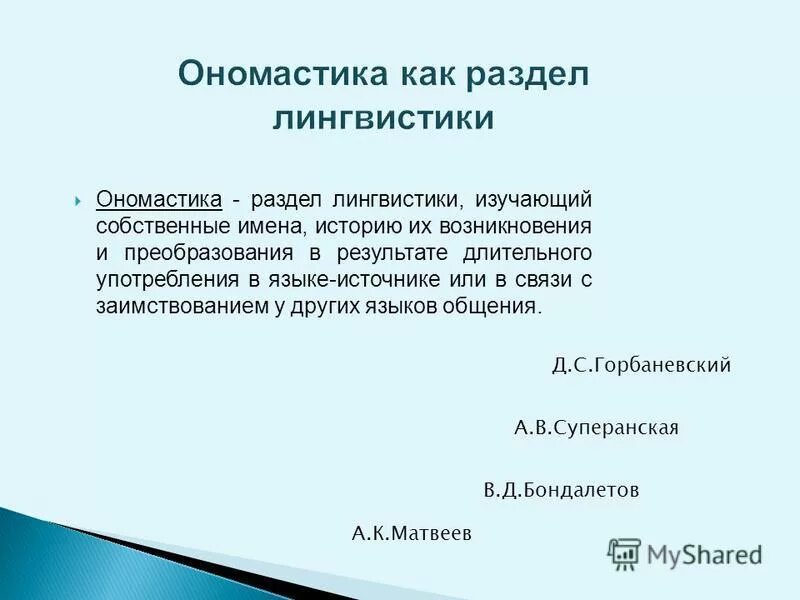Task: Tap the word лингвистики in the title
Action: (x=384, y=118)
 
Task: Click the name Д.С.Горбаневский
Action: (x=641, y=366)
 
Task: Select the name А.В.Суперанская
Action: (x=596, y=428)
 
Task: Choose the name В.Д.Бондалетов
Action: (x=561, y=491)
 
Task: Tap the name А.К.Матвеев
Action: (x=411, y=533)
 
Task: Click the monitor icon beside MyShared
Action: (x=625, y=552)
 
